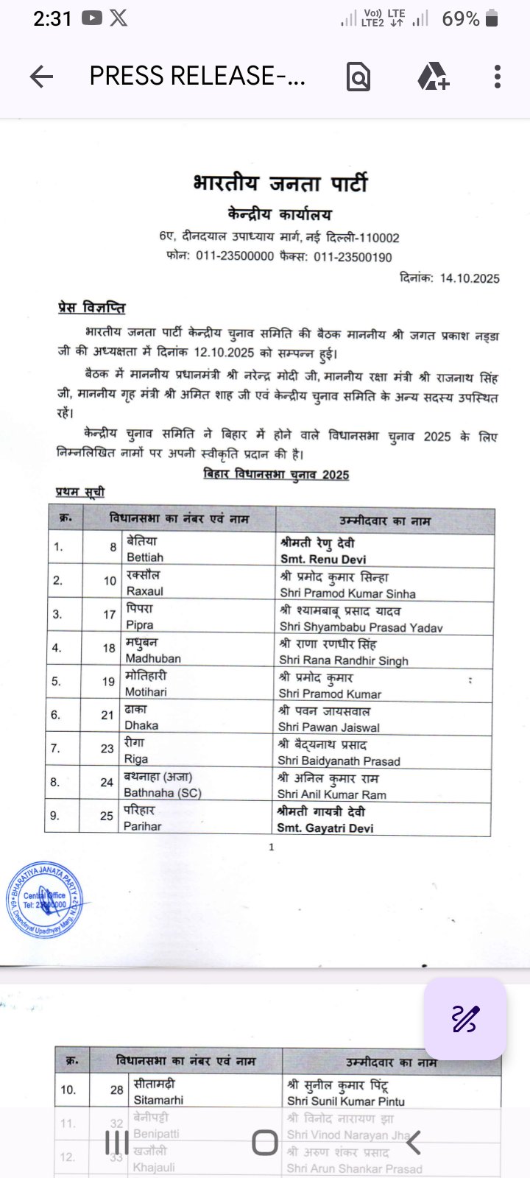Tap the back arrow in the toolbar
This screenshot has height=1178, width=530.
point(42,77)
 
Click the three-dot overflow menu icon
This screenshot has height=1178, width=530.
point(498,77)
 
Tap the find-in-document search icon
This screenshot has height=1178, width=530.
point(358,77)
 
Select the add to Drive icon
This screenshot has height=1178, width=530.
point(433,77)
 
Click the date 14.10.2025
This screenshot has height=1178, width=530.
point(470,278)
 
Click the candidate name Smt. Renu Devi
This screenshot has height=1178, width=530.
point(322,560)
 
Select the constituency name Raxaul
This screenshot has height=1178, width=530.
point(144,591)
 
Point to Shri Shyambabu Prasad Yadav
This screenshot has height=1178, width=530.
point(361,627)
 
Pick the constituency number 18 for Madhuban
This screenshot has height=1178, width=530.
point(109,648)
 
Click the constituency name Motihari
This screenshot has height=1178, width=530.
point(146,692)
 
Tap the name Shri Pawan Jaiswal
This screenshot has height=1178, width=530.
point(329,727)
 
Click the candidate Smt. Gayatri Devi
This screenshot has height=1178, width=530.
point(325,828)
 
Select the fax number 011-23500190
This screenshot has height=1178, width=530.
point(353,257)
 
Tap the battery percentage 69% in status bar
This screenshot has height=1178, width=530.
point(461,19)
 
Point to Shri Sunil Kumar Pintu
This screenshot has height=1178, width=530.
point(345,1101)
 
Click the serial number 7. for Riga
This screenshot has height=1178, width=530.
point(55,748)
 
